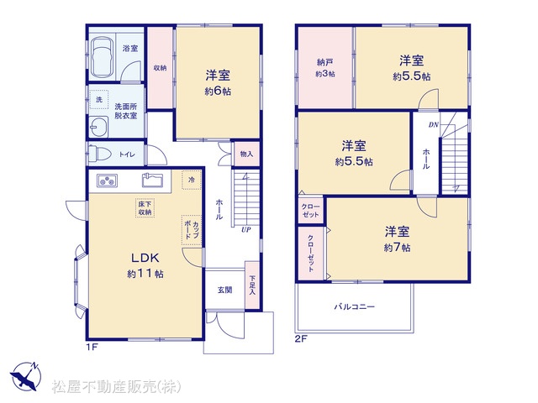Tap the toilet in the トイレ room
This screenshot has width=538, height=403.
(98, 154)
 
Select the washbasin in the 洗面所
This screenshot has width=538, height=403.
(98, 127)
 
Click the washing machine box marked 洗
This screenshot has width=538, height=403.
(99, 100)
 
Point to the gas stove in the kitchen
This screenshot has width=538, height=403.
(107, 181)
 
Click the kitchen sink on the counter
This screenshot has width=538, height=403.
(152, 180)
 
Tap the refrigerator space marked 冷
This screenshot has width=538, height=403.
(192, 180)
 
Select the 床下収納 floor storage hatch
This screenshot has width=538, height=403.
(145, 208)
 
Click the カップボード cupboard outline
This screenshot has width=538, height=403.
(192, 230)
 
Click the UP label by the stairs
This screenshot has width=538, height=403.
(246, 230)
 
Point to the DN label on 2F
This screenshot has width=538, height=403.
(434, 125)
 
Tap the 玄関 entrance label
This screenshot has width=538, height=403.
(224, 290)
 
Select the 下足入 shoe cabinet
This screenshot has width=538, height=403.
(252, 285)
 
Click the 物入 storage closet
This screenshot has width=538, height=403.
(246, 154)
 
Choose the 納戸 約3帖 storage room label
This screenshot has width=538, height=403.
(325, 68)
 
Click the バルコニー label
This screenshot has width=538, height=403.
(355, 306)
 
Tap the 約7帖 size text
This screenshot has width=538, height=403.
(397, 248)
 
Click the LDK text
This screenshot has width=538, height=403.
(145, 258)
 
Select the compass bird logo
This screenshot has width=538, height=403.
(26, 376)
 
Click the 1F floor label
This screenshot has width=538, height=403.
(92, 347)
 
